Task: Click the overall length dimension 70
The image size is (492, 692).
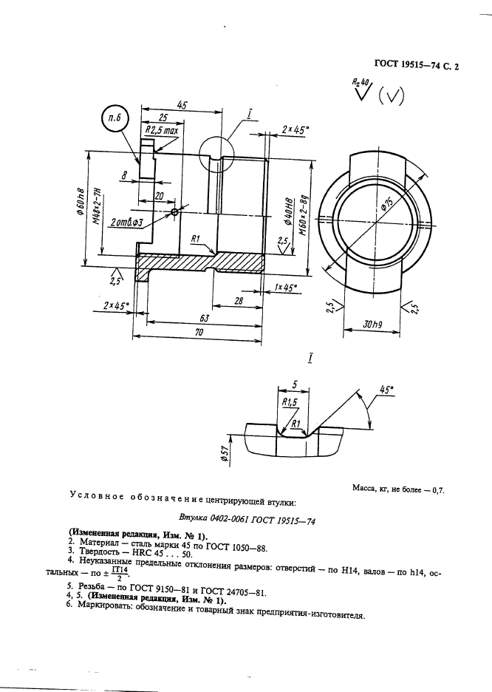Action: click(197, 333)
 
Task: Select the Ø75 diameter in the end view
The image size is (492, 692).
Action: click(384, 206)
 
